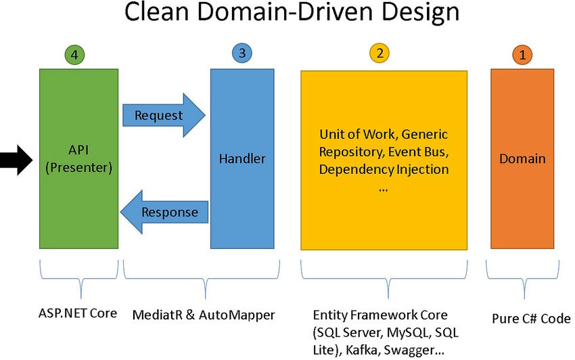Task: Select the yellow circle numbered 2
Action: tap(379, 53)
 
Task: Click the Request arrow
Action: tap(162, 115)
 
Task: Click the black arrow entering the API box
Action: tap(16, 160)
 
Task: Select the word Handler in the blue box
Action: tap(242, 159)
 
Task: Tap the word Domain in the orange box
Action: tap(522, 159)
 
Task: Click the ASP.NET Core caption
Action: tap(78, 314)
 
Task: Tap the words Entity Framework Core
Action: tap(380, 315)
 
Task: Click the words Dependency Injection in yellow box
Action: tap(384, 168)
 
